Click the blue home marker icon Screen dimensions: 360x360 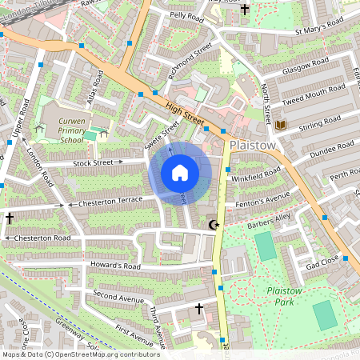click(x=180, y=172)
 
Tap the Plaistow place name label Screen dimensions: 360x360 click(x=253, y=146)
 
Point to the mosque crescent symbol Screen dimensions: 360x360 click(x=213, y=225)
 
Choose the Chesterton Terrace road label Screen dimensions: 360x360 click(x=107, y=203)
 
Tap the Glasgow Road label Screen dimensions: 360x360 click(x=301, y=67)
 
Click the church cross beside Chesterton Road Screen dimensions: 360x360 click(x=10, y=218)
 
